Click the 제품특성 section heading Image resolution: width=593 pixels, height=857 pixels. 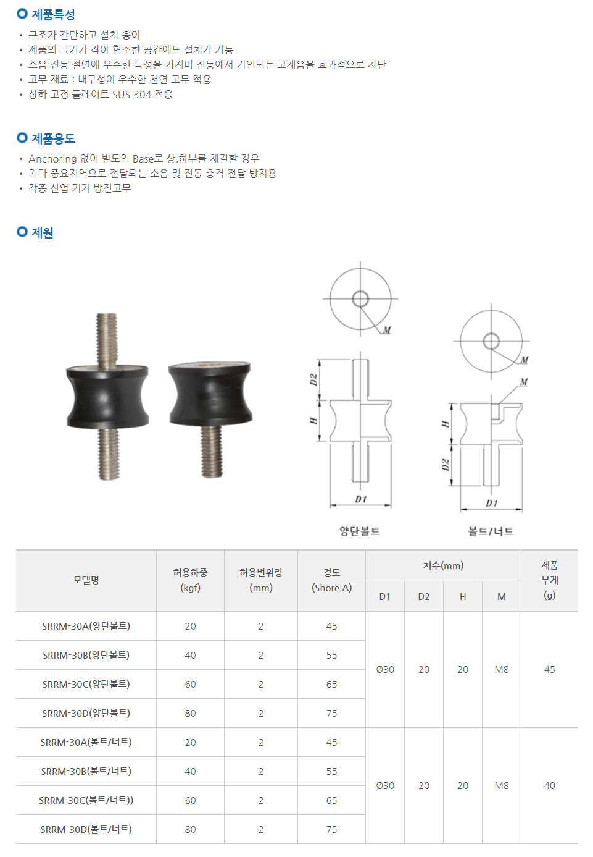(x=53, y=15)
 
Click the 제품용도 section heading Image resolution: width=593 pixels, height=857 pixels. (x=53, y=138)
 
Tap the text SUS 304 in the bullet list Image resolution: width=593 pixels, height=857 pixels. (x=131, y=95)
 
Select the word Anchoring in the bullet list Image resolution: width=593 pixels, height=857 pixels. (x=52, y=159)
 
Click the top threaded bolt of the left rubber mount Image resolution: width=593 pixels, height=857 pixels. (x=107, y=340)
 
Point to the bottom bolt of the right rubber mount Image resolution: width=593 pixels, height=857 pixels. (x=212, y=452)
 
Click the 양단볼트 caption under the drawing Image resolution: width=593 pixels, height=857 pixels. (x=360, y=531)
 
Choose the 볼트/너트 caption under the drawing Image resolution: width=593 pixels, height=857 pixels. (x=491, y=531)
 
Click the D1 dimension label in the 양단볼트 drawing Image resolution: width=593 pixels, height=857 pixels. (x=361, y=499)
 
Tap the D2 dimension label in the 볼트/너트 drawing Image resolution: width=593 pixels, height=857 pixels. (x=445, y=465)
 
